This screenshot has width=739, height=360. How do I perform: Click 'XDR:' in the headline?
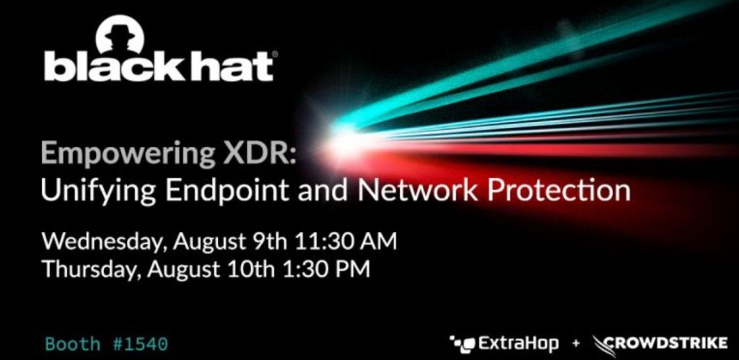click(264, 155)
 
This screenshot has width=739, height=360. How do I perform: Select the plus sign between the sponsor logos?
click(575, 344)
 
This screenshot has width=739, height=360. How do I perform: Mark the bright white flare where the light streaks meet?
click(339, 134)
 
